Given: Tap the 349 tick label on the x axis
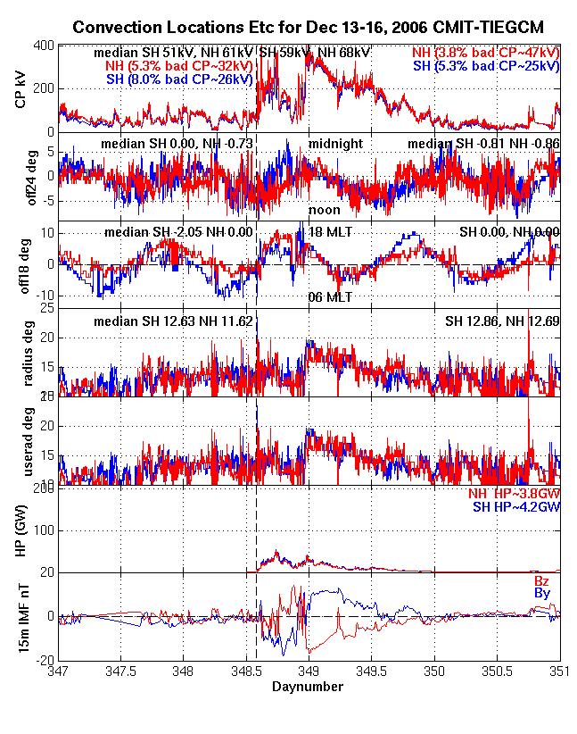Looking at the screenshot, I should point(309,671).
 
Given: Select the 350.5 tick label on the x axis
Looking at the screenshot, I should point(497,671).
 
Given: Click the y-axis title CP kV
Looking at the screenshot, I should point(21,89).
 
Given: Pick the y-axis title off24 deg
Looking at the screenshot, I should point(21,177).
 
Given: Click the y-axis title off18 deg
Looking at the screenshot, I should point(21,264).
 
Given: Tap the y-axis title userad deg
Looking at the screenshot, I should point(21,441).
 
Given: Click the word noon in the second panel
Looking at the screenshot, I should point(324,209).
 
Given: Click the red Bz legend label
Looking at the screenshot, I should point(541,581).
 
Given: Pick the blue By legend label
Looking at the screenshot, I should point(541,593).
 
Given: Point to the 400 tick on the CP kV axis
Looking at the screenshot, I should point(43,45).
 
